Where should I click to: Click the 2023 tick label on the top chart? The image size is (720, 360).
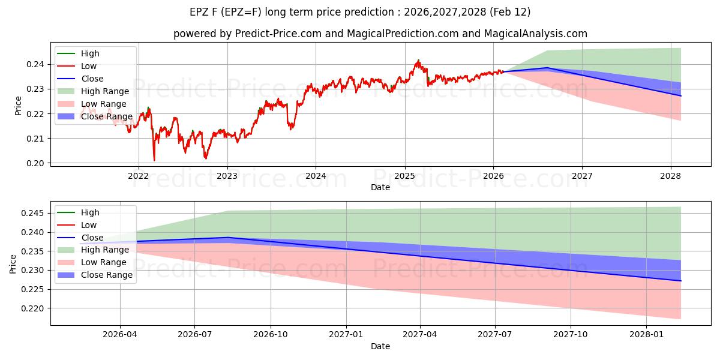click(x=227, y=176)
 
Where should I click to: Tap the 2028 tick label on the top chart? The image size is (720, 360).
click(x=670, y=176)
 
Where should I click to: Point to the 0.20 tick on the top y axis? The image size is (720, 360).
click(x=38, y=163)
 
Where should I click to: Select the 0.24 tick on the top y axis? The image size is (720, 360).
click(x=38, y=64)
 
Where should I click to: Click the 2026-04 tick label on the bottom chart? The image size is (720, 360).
click(x=120, y=335)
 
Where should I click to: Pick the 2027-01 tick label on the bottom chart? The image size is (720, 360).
click(x=346, y=335)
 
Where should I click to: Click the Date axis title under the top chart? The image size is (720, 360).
click(x=380, y=187)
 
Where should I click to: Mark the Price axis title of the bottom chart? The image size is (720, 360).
click(x=13, y=263)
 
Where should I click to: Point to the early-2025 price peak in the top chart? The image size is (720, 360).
click(x=418, y=60)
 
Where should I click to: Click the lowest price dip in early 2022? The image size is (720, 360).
click(x=154, y=160)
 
